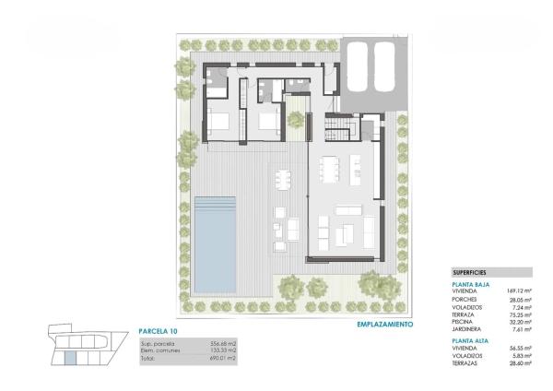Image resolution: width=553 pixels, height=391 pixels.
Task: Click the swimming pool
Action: pyautogui.click(x=214, y=242)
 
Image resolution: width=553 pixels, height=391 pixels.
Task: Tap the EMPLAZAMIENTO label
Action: pyautogui.click(x=384, y=325)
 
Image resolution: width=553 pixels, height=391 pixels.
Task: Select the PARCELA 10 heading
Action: pyautogui.click(x=158, y=330)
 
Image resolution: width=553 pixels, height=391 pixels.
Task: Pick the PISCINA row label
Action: pyautogui.click(x=464, y=321)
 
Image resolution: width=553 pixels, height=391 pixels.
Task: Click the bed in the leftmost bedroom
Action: pyautogui.click(x=219, y=120)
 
